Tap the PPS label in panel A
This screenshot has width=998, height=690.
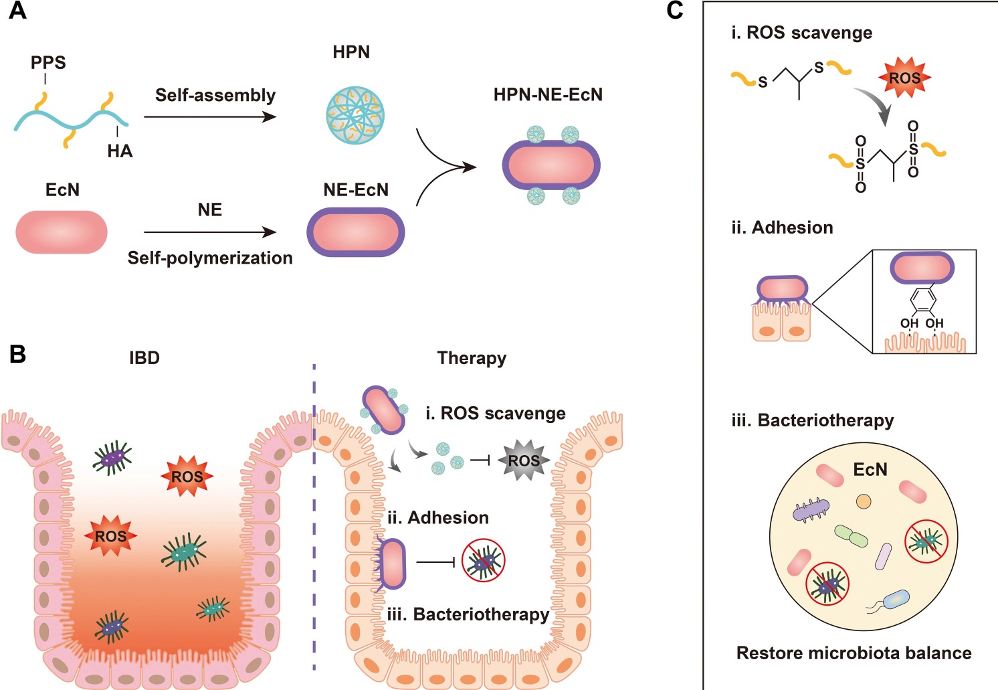point(48,63)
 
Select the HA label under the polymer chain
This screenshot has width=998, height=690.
point(120,151)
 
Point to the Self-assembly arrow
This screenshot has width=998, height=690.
point(210,116)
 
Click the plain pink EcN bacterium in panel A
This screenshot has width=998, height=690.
point(62,232)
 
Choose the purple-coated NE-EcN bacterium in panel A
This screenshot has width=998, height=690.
point(356,232)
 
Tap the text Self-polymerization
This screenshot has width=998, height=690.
point(210,258)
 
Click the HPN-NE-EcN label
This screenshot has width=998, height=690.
point(548,95)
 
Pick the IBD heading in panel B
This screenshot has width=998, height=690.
point(144,358)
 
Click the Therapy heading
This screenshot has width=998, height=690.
point(472,358)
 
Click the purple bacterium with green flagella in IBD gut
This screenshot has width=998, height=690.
point(112,458)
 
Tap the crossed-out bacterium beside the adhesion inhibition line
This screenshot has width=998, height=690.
point(484,560)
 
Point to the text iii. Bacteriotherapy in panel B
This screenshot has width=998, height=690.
point(468,614)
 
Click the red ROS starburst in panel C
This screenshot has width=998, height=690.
point(904,78)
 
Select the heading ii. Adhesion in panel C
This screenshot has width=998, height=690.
point(782,228)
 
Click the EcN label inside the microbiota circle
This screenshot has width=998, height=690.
point(870,470)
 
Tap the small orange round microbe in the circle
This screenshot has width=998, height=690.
point(864,501)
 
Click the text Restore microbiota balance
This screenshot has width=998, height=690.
point(854,653)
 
